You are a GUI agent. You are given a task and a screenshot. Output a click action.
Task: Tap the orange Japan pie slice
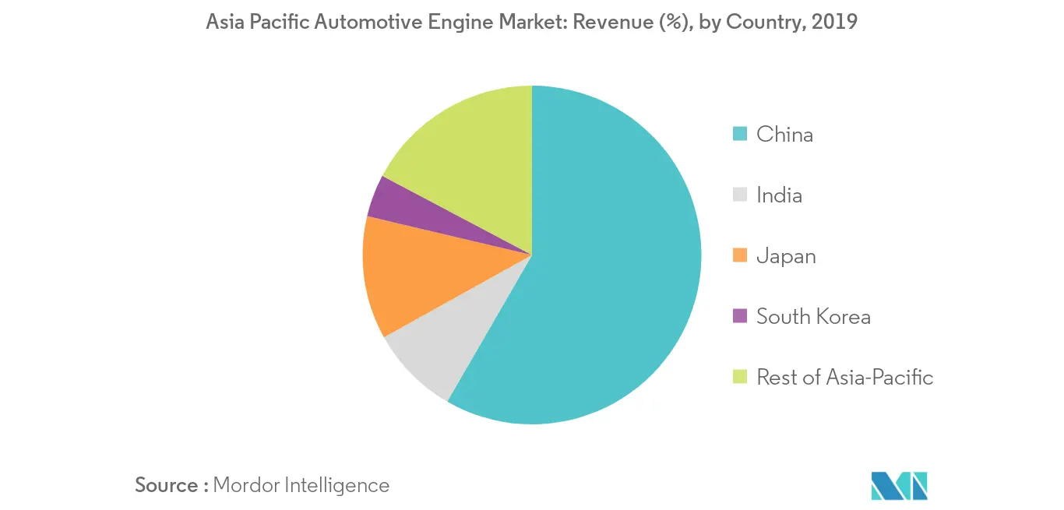[405, 273]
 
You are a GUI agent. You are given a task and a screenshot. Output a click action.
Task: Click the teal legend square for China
[741, 135]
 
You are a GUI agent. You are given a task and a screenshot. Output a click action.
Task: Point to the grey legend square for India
[741, 195]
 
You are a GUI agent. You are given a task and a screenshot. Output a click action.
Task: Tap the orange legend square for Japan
[741, 255]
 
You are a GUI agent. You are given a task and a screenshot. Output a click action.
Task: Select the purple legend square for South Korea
[741, 316]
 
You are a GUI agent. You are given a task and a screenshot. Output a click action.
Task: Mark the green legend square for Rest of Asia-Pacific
[741, 377]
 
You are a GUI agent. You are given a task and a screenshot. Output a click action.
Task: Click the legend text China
[784, 135]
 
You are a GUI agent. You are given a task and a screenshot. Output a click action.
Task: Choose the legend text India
[779, 195]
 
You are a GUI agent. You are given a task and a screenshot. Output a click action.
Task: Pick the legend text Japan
[786, 255]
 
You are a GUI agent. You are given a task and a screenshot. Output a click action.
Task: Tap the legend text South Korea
[813, 316]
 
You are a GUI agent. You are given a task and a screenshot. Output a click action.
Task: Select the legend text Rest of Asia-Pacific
[844, 377]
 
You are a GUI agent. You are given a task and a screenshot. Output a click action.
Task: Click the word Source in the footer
[167, 485]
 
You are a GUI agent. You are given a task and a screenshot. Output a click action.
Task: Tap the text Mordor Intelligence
[301, 485]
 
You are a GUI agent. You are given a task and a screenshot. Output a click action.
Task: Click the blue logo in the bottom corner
[900, 485]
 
